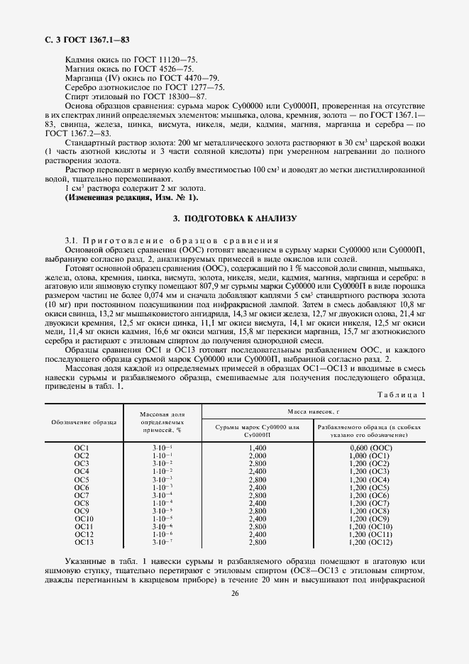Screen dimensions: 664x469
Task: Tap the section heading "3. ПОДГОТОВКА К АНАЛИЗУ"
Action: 235,218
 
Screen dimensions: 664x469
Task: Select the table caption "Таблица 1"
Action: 402,394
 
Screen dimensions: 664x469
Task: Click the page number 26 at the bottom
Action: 234,594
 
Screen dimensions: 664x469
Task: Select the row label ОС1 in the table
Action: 81,448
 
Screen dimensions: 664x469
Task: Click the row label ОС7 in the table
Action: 81,495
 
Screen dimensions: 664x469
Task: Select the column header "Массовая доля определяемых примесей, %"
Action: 162,421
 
